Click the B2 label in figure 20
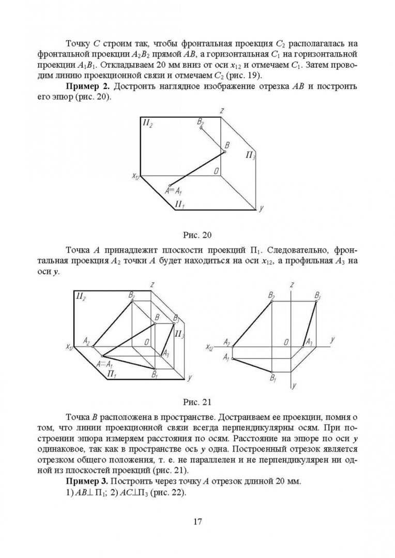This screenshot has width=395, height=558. pos(201,121)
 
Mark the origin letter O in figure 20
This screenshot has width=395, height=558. pos(217,172)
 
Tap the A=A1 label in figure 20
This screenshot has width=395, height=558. pos(174,191)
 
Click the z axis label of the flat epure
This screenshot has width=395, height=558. pos(293,285)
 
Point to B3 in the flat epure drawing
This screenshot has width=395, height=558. pos(318,296)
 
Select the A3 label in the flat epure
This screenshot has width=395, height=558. pos(308,342)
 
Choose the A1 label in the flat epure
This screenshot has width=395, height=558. pos(226,357)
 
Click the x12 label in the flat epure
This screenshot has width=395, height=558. pos(209,347)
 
